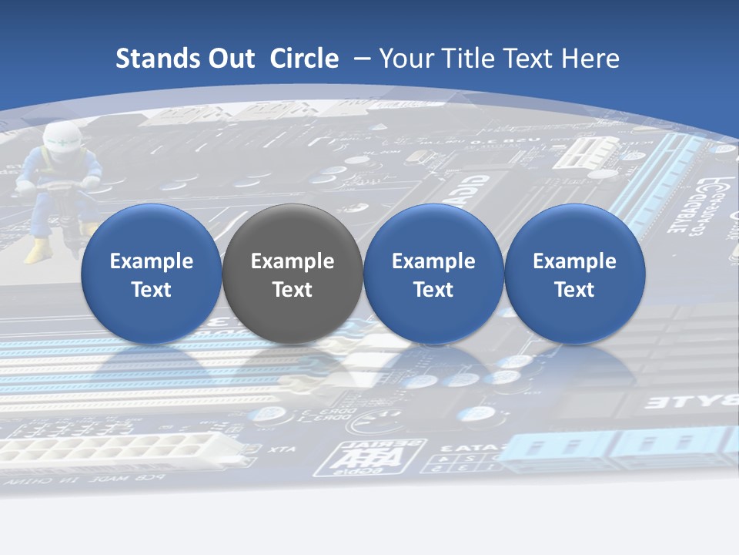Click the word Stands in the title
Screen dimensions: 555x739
[158, 59]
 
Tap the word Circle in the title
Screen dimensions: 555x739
[304, 59]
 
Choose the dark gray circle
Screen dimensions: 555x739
[292, 274]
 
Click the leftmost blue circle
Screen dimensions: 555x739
[151, 274]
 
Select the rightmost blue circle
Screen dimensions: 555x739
[574, 274]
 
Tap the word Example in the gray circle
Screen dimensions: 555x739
[292, 261]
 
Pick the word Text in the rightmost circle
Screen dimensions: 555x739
[574, 290]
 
